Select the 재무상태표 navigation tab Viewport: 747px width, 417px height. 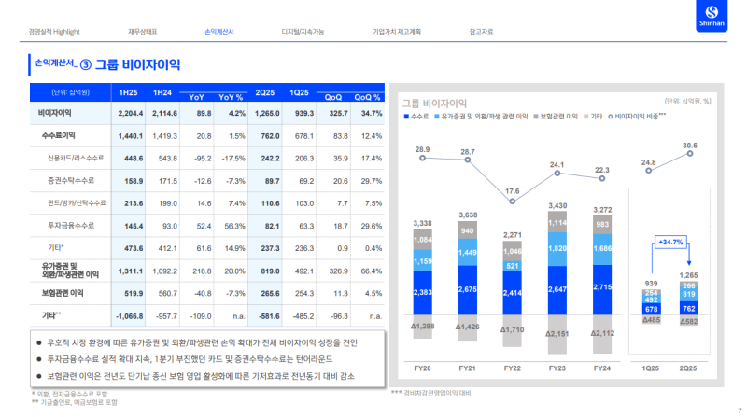click(x=142, y=32)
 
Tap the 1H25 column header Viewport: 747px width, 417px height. click(x=128, y=92)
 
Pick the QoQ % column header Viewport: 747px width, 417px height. click(x=368, y=97)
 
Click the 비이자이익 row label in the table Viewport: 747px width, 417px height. click(x=56, y=113)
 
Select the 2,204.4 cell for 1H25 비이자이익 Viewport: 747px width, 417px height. click(x=128, y=113)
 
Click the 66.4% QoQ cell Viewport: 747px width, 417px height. click(x=370, y=271)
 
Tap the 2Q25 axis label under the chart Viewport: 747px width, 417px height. click(x=689, y=368)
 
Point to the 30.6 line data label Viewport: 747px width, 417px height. click(x=689, y=146)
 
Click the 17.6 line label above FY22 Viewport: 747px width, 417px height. click(x=513, y=190)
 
